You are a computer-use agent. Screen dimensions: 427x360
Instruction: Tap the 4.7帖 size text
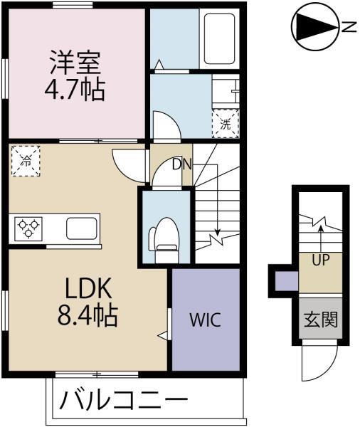(x=76, y=90)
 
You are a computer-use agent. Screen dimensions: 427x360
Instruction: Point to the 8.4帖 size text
(x=88, y=314)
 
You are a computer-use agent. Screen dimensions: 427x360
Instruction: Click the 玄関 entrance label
(x=320, y=320)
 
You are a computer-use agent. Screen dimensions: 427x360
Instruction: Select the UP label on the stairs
(x=319, y=260)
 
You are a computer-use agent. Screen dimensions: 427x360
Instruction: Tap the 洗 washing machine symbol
(x=225, y=122)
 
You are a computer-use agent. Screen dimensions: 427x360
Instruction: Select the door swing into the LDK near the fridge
(x=128, y=164)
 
